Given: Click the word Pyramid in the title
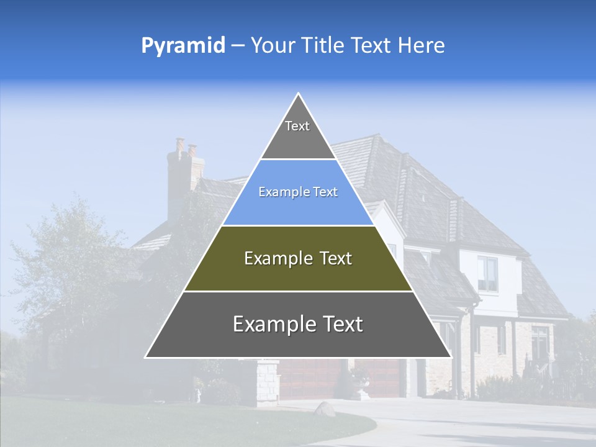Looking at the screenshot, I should (183, 46).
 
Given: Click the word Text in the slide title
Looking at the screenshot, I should (371, 45).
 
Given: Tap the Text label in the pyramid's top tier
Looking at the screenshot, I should (297, 126).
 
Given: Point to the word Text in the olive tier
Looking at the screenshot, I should (336, 258).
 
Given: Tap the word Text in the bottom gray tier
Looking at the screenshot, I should (343, 324).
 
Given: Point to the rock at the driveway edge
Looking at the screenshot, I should (324, 409).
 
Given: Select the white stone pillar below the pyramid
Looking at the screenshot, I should (268, 382).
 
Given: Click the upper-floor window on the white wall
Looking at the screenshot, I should (487, 273).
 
